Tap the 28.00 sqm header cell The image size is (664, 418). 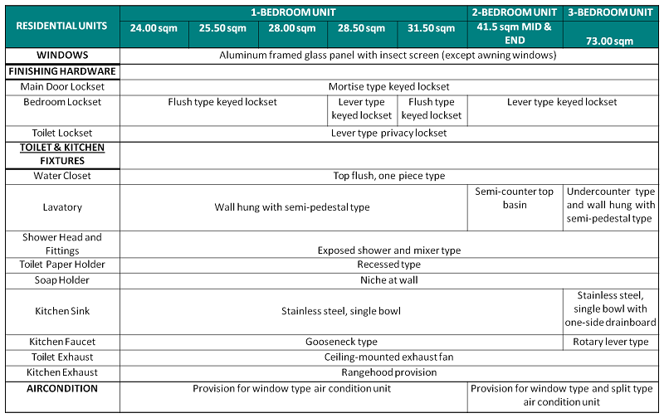pos(292,29)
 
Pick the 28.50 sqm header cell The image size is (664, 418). pos(362,29)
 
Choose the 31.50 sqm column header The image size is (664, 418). pos(432,29)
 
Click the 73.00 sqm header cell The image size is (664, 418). pos(609,40)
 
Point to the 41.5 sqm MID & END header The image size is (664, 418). pos(515,33)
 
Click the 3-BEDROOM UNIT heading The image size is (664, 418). pos(610,12)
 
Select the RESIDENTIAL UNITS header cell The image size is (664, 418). pos(61,26)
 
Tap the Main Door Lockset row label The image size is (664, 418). pos(61,86)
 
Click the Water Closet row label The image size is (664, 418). pos(62,176)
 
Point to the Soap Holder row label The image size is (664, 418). pos(62,280)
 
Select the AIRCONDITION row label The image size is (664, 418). pos(62,388)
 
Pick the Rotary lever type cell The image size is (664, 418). pos(610,342)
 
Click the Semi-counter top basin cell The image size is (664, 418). pos(515,198)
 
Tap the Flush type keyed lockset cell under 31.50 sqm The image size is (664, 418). pos(432,109)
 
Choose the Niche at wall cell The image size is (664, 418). pos(388,280)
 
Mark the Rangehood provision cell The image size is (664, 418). pos(388,372)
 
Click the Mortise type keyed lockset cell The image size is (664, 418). pos(388,86)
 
